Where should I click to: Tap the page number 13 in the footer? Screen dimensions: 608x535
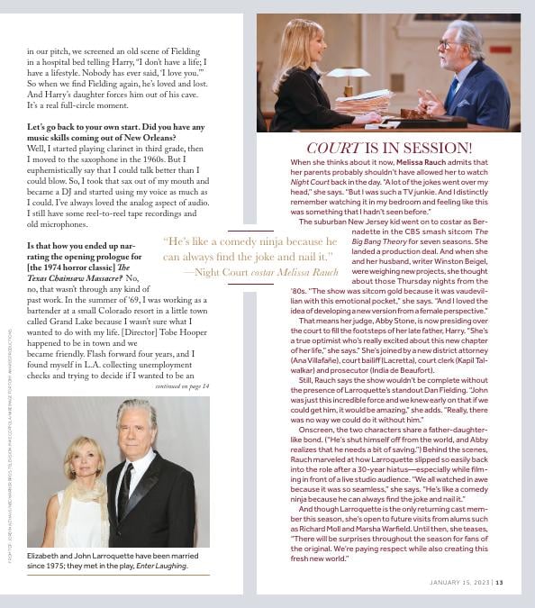pyautogui.click(x=500, y=582)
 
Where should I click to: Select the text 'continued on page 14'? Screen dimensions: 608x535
pyautogui.click(x=182, y=386)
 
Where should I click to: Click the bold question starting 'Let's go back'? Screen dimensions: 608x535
pyautogui.click(x=103, y=127)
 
